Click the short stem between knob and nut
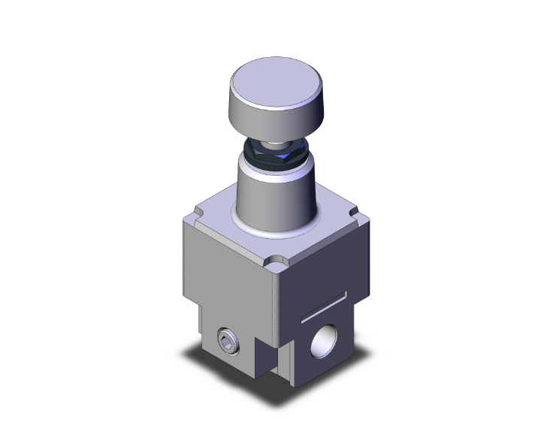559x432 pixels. pos(277,143)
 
